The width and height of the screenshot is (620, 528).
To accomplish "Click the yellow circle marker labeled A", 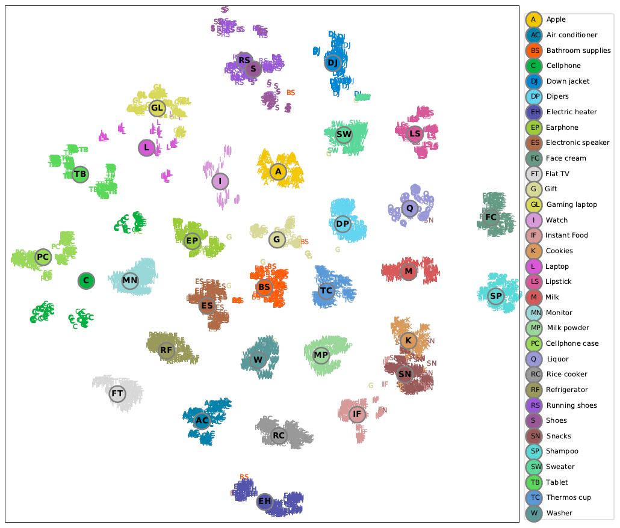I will click(x=277, y=172).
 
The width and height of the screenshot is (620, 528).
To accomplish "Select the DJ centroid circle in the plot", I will click(x=333, y=63).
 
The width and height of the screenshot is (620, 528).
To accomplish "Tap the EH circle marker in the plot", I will click(x=265, y=502).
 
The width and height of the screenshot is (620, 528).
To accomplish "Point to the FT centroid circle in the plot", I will click(x=117, y=394).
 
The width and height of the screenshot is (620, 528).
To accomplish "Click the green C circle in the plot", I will click(x=86, y=280).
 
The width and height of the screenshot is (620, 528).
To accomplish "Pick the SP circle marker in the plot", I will click(x=495, y=296).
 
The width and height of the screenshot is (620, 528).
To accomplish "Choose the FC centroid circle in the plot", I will click(x=491, y=217).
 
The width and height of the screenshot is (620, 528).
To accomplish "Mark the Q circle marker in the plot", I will click(x=409, y=209).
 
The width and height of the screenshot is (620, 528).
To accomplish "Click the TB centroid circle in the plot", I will click(x=80, y=174).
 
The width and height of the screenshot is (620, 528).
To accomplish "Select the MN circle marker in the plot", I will click(x=130, y=280).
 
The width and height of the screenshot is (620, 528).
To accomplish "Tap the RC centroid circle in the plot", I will click(x=279, y=435).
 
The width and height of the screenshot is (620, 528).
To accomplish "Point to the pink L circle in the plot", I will click(x=146, y=147).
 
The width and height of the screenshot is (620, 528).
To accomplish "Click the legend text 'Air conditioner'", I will click(x=572, y=35).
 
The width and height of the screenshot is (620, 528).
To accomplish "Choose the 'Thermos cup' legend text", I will click(x=569, y=498).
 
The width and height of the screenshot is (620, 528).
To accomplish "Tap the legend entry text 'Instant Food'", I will click(x=567, y=236).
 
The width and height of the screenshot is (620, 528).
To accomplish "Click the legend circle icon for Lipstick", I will click(x=534, y=282).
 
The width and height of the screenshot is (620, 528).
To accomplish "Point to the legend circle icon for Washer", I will click(x=534, y=514).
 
